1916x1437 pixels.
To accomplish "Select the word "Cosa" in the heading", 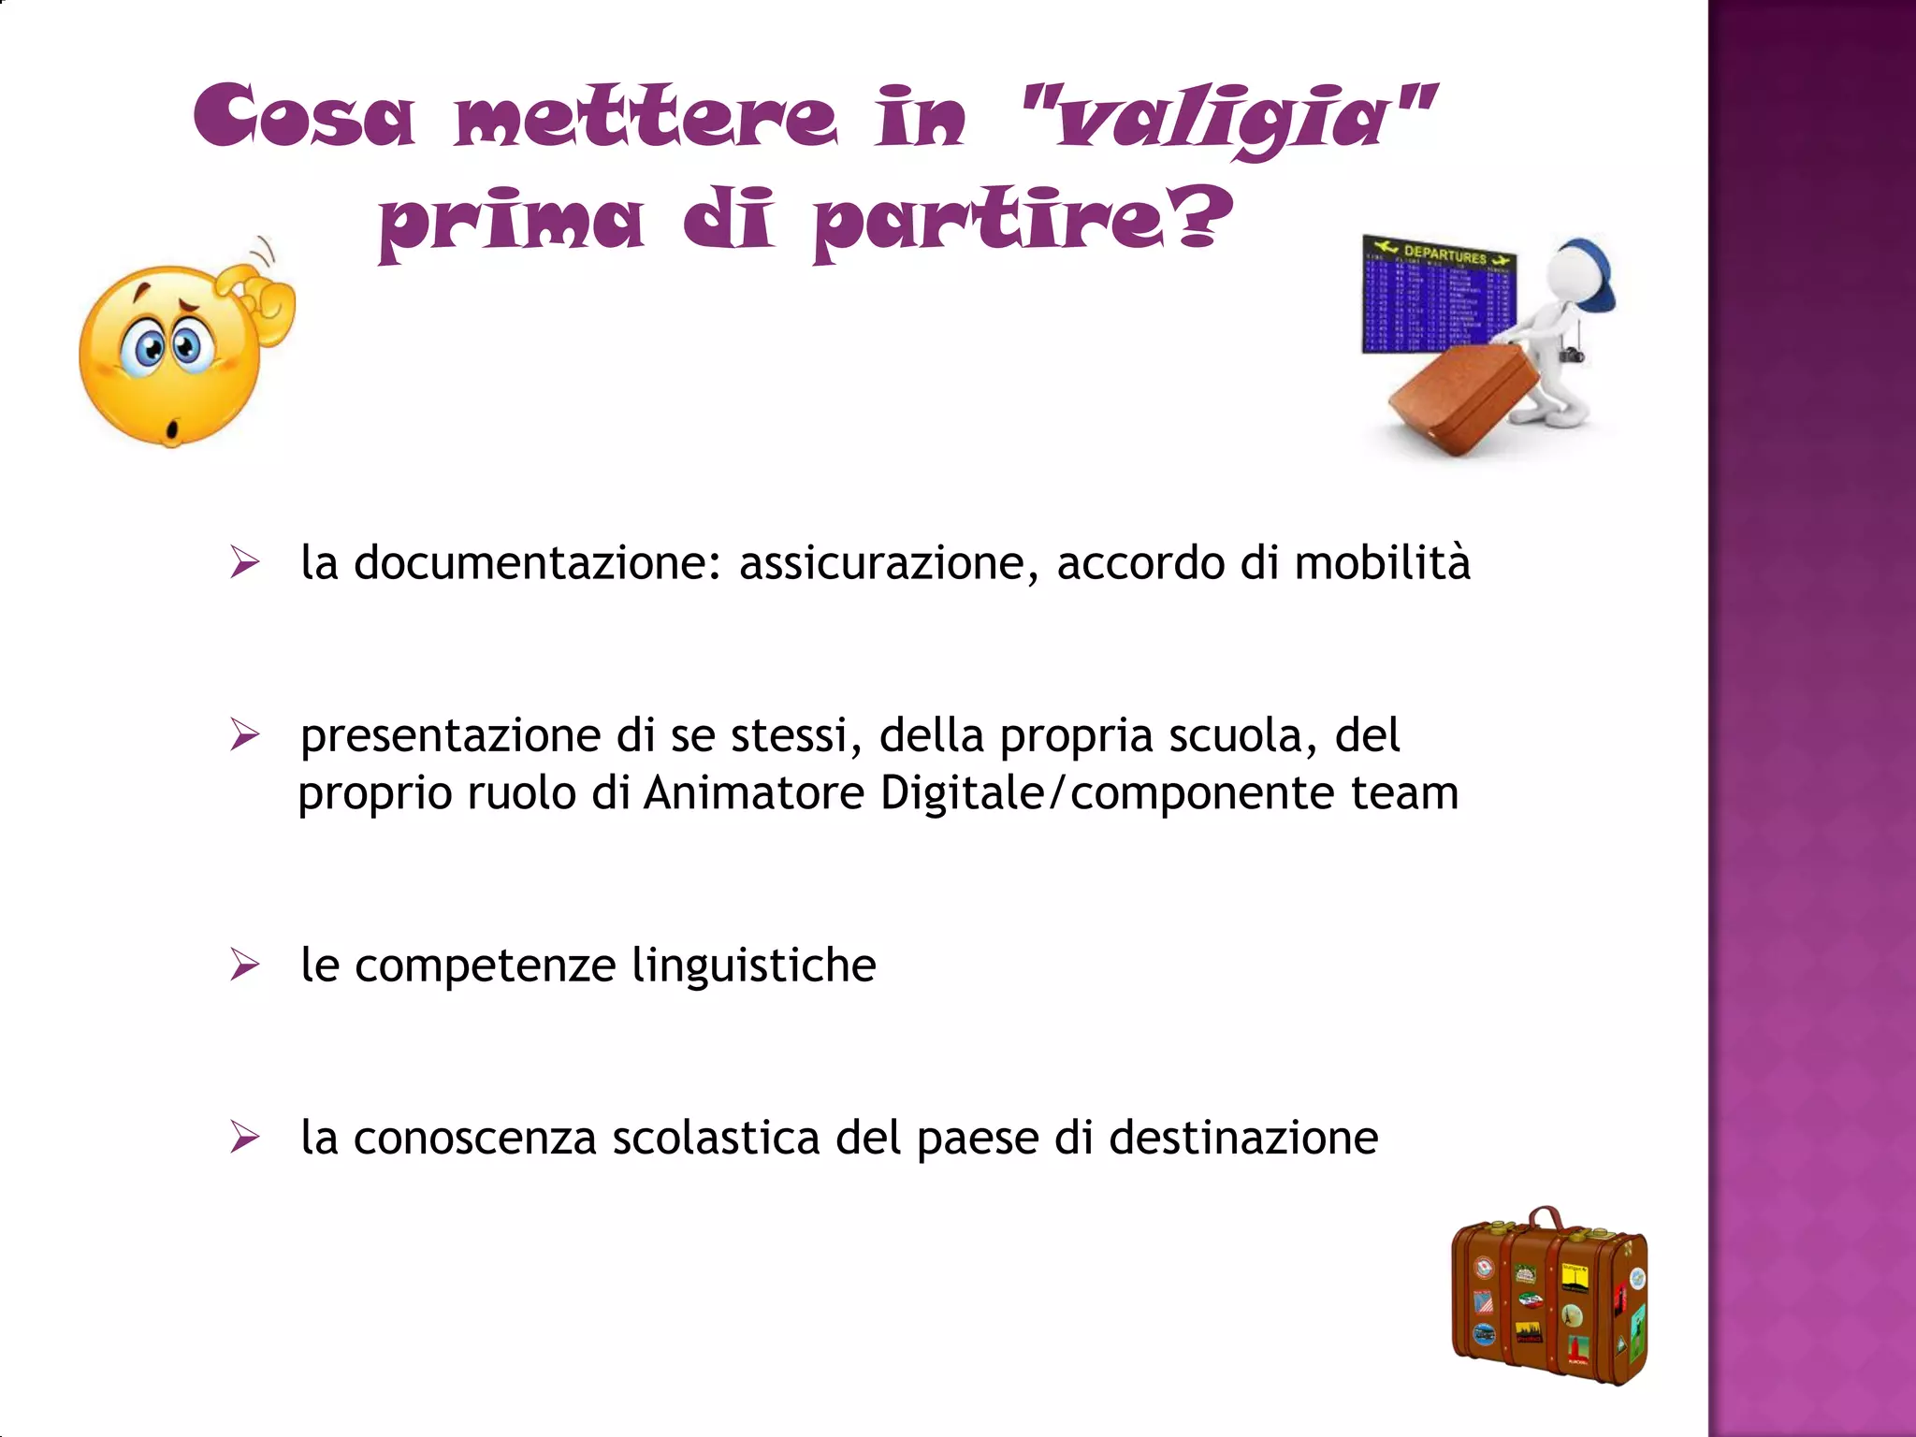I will point(304,116).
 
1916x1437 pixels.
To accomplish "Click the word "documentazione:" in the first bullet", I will point(537,563).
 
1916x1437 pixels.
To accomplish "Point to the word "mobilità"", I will point(1382,563).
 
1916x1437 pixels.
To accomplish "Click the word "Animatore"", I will point(754,793).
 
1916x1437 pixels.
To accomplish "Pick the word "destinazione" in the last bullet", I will point(1243,1138).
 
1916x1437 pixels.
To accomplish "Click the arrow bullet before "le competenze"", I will point(244,965).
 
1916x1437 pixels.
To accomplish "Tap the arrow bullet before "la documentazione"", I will point(244,563).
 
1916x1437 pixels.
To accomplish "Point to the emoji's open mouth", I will point(171,429).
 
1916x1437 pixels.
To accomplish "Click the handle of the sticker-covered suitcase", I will point(1546,1218).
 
